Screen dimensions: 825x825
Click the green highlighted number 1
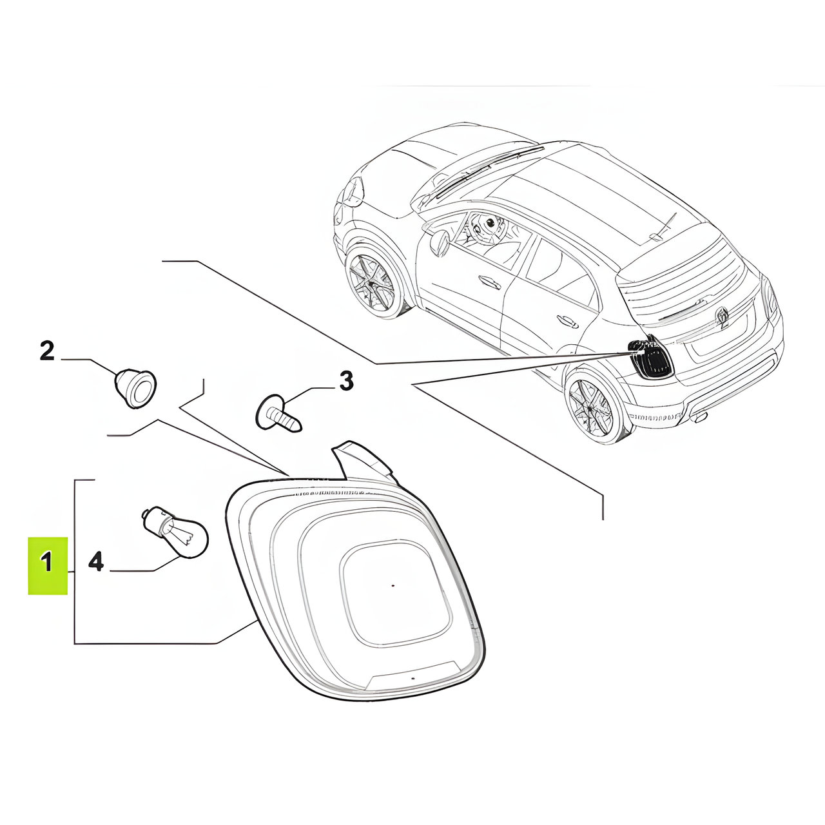pyautogui.click(x=48, y=566)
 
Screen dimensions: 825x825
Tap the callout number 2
pyautogui.click(x=47, y=351)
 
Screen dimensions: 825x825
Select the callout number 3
pyautogui.click(x=346, y=381)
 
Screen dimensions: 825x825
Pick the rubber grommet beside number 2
pyautogui.click(x=135, y=387)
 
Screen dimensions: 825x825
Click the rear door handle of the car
pyautogui.click(x=568, y=321)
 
